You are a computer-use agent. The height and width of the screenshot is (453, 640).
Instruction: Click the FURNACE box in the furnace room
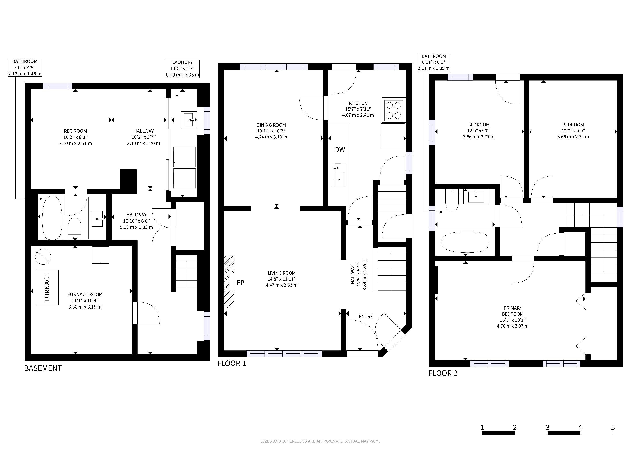point(47,287)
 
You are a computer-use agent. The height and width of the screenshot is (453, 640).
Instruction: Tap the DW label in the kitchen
point(340,150)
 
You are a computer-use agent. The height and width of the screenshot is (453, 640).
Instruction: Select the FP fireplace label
point(240,282)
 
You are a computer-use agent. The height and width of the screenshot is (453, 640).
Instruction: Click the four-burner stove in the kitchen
point(394,110)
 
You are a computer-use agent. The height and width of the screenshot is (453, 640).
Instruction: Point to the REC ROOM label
point(75,131)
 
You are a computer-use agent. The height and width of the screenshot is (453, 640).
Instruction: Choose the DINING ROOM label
point(271,125)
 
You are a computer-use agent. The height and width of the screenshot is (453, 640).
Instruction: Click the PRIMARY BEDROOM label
point(513,311)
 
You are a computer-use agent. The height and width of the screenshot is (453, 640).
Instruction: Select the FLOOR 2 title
point(443,373)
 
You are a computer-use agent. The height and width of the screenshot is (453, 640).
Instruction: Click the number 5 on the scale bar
point(613,427)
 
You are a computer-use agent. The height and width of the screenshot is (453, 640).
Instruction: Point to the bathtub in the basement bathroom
point(52,218)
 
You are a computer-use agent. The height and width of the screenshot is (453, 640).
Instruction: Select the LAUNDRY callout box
point(183,69)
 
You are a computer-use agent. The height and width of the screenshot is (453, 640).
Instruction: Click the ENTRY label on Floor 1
point(366,316)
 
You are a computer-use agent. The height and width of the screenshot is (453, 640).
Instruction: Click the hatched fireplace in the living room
point(229,282)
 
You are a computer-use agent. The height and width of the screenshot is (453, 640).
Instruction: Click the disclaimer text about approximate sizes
point(320,441)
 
